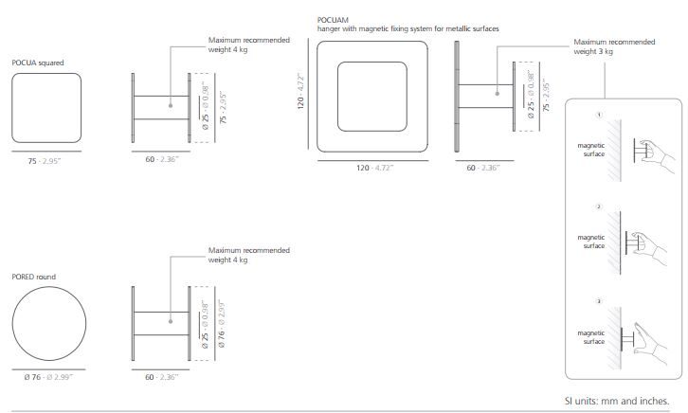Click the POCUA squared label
[38, 63]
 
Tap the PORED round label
[34, 277]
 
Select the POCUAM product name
[333, 20]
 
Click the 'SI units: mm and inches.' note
[617, 401]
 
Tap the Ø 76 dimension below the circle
[48, 377]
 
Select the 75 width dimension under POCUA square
[45, 161]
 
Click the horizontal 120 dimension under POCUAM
[374, 168]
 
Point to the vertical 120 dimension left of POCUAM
[300, 91]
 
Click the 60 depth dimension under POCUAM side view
[482, 168]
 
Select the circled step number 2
[599, 206]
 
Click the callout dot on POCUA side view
[171, 106]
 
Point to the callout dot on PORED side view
[171, 321]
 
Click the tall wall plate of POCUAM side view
[457, 97]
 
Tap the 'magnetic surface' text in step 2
[591, 242]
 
